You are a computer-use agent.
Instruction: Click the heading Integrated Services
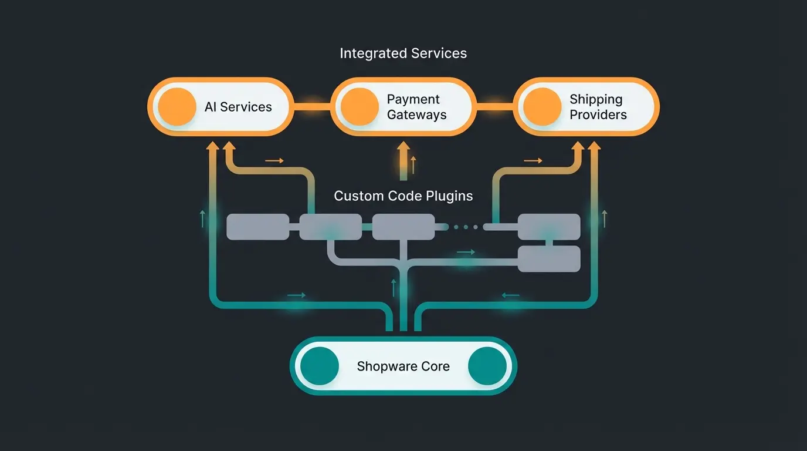pos(403,53)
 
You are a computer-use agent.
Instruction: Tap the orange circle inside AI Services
pos(177,107)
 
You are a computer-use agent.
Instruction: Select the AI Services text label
pos(238,107)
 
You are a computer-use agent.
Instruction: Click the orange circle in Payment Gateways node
pos(360,107)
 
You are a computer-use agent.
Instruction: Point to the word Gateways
pos(416,115)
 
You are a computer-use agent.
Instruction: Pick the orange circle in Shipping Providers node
pos(542,107)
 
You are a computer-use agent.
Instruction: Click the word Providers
pos(598,115)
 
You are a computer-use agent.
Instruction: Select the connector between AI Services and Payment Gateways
pos(311,107)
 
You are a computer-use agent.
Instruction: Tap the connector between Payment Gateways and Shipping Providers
pos(494,107)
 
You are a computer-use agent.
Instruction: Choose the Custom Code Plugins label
pos(403,196)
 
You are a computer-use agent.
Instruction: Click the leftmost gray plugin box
pos(257,227)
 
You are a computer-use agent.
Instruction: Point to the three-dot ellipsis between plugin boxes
pos(466,227)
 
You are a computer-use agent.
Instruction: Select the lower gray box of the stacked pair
pos(549,259)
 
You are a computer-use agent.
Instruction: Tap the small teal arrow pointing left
pos(510,295)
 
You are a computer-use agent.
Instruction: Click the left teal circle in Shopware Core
pos(320,366)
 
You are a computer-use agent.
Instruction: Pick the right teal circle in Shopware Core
pos(487,366)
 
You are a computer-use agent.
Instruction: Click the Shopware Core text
pos(403,366)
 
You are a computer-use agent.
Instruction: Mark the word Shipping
pos(596,99)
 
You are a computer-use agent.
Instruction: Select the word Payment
pos(413,99)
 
